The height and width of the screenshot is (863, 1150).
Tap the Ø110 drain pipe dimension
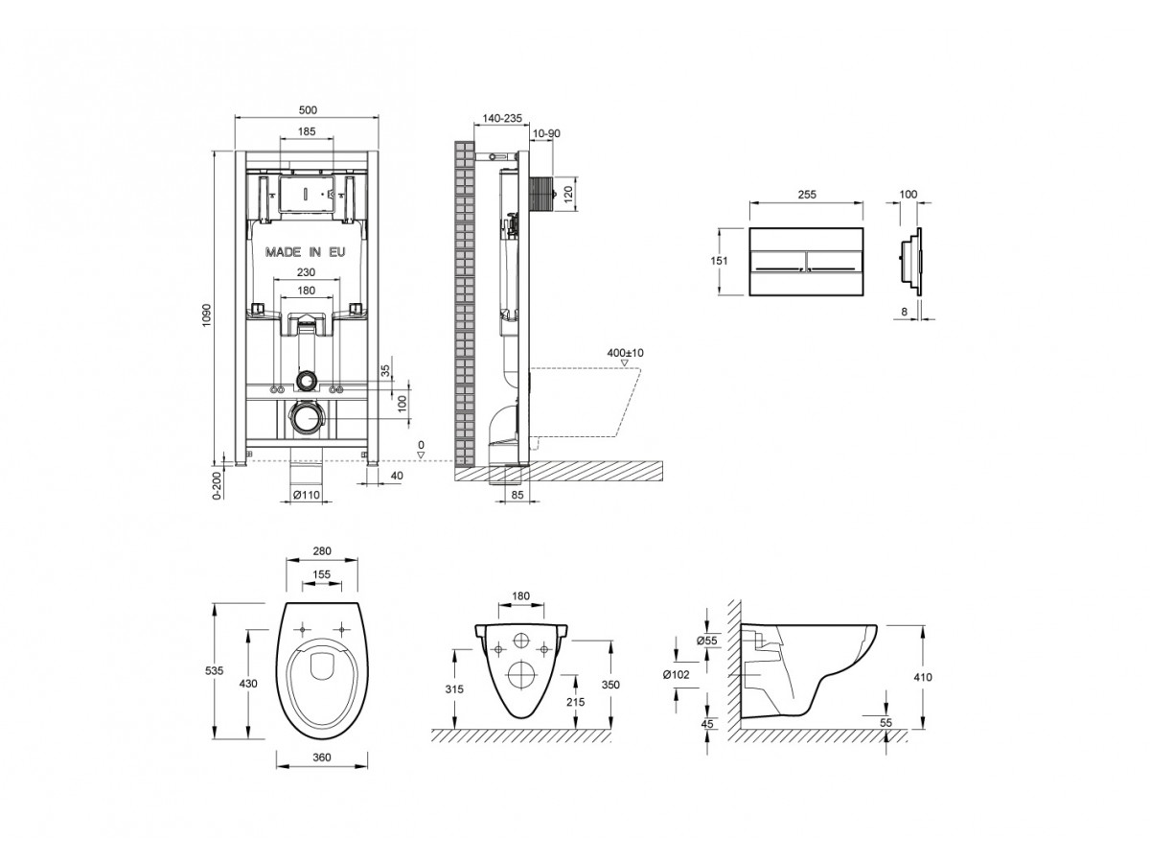point(306,495)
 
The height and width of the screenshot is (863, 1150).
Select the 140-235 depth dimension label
point(501,118)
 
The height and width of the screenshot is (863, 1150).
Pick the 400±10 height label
point(626,353)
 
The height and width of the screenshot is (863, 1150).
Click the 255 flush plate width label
point(806,194)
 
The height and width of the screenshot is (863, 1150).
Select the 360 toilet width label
point(322,758)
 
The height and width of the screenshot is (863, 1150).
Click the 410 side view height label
point(922,677)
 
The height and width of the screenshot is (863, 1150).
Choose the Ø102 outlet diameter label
point(677,674)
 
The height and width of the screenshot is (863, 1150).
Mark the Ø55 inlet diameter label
point(707,640)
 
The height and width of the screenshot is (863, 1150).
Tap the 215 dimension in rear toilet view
point(576,702)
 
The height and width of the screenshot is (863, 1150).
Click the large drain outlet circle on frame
point(306,418)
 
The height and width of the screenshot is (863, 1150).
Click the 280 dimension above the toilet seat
point(322,551)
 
